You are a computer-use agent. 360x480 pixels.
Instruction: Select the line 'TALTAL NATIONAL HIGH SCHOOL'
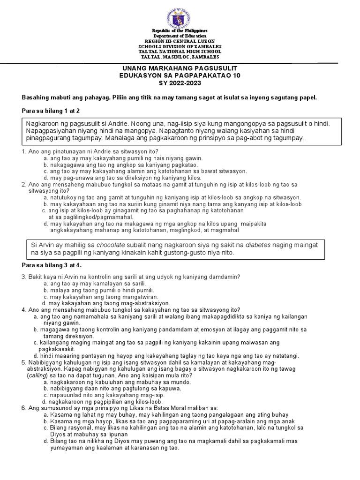pos(180,52)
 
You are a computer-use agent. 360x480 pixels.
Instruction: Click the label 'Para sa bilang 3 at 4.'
pos(53,265)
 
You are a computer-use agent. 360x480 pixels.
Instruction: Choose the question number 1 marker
pos(23,152)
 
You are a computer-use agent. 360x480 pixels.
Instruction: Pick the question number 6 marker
pos(23,408)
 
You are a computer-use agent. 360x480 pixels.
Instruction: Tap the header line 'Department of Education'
pos(180,36)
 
